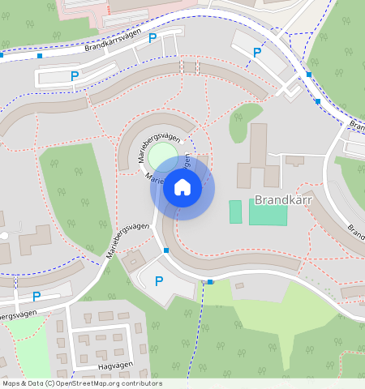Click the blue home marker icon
click(x=182, y=188)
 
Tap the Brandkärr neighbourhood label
click(x=282, y=199)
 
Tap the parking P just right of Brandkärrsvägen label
click(x=152, y=38)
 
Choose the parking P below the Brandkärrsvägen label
click(x=75, y=76)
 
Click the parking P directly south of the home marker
click(x=159, y=281)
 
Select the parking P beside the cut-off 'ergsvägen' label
click(x=36, y=297)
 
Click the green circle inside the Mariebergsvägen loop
click(x=162, y=153)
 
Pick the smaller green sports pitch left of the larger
click(x=235, y=212)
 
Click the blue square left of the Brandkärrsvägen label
click(x=40, y=56)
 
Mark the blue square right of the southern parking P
click(x=210, y=282)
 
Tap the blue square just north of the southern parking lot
click(x=166, y=251)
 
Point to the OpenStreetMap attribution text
click(x=81, y=383)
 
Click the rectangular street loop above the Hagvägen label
click(x=102, y=346)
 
